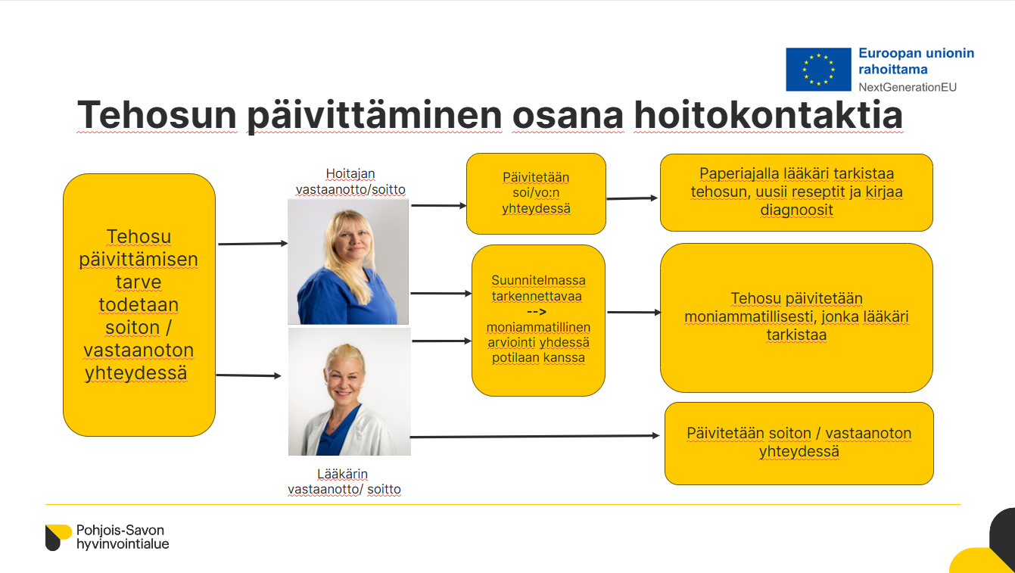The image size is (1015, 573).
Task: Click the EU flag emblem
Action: pos(818,70)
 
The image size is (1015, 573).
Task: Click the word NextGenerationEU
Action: pos(908,87)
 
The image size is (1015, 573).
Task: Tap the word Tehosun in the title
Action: pos(157,115)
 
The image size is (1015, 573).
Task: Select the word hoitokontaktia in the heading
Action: pos(768,115)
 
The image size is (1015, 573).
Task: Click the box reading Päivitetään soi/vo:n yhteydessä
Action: pos(536,194)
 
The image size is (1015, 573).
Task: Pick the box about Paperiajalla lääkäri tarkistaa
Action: pos(796,193)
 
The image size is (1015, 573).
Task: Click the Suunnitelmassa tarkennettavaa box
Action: pos(538,320)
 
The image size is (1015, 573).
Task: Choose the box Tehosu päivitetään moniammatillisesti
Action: pos(796,318)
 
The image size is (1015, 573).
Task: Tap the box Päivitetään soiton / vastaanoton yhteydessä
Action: pos(799,444)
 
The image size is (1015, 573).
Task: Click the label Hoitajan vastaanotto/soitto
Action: pos(350,182)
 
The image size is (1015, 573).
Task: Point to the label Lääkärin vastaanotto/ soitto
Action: pos(344,481)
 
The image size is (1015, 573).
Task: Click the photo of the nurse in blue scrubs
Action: pos(348,262)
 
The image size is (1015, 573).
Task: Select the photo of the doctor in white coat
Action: pos(350,391)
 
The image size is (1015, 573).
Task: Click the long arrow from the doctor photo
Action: pos(534,437)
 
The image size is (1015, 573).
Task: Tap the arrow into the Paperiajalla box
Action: pos(632,198)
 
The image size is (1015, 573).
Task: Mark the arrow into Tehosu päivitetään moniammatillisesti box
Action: pos(634,313)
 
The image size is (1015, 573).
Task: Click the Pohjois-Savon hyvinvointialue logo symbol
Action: pos(58,537)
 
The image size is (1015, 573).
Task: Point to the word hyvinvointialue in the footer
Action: pos(123,543)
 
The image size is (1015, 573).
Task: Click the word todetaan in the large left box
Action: pos(139,304)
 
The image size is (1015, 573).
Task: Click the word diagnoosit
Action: pos(796,210)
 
